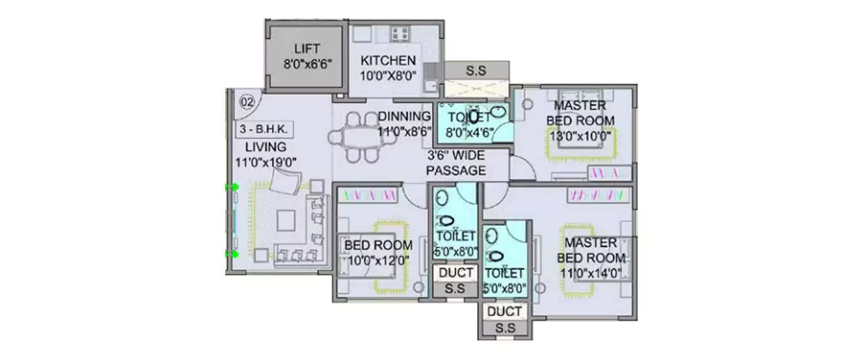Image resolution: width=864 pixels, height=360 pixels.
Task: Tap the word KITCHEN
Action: [x=388, y=60]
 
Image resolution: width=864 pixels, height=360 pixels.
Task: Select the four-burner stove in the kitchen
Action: [x=400, y=33]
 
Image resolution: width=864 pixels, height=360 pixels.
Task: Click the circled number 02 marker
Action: [x=247, y=103]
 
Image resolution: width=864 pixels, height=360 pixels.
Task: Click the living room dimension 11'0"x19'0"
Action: [x=266, y=162]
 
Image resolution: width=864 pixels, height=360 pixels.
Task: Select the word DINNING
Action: [x=405, y=117]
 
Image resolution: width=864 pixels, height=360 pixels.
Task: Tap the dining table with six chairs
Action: [x=354, y=138]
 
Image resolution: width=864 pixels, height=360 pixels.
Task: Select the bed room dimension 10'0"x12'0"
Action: [x=378, y=260]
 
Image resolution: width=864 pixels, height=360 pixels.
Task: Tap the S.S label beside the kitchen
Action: [x=476, y=71]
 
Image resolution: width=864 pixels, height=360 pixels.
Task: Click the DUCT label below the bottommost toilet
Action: [x=505, y=312]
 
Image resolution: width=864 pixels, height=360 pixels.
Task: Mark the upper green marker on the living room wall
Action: [x=234, y=187]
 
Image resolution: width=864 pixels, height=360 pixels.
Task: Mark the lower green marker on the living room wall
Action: [x=234, y=253]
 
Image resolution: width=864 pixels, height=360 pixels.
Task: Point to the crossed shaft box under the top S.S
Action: [x=476, y=90]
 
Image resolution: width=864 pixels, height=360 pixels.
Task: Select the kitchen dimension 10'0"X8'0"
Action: [x=388, y=75]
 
